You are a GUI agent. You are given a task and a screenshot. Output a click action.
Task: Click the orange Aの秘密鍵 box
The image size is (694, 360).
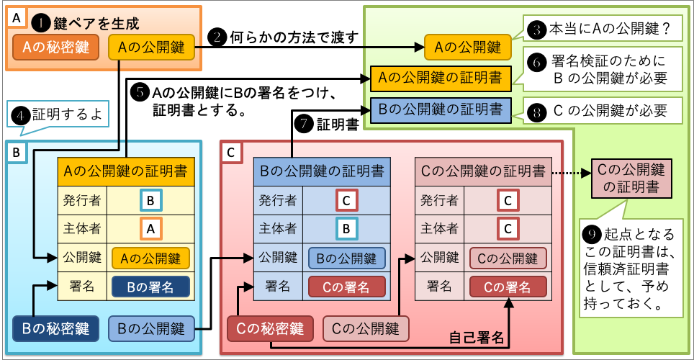pos(56,48)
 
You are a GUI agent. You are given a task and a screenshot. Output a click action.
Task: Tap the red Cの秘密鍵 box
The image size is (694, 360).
pos(271,329)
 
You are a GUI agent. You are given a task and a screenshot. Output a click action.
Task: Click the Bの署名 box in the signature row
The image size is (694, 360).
pos(150,287)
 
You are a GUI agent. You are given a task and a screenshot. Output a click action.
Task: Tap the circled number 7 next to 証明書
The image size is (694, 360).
pos(305,124)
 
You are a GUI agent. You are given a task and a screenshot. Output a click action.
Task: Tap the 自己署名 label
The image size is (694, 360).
pos(476,336)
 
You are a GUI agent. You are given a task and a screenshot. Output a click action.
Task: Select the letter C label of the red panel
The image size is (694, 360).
pos(230,153)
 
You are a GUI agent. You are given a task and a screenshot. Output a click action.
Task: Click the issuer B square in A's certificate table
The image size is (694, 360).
pos(150,199)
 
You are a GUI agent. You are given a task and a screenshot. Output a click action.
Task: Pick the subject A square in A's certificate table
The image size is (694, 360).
pos(150,228)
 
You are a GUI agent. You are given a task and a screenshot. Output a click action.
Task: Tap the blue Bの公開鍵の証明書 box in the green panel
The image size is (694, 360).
pos(441,110)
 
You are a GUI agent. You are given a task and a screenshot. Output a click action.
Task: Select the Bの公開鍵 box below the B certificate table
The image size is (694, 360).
pos(152,329)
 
